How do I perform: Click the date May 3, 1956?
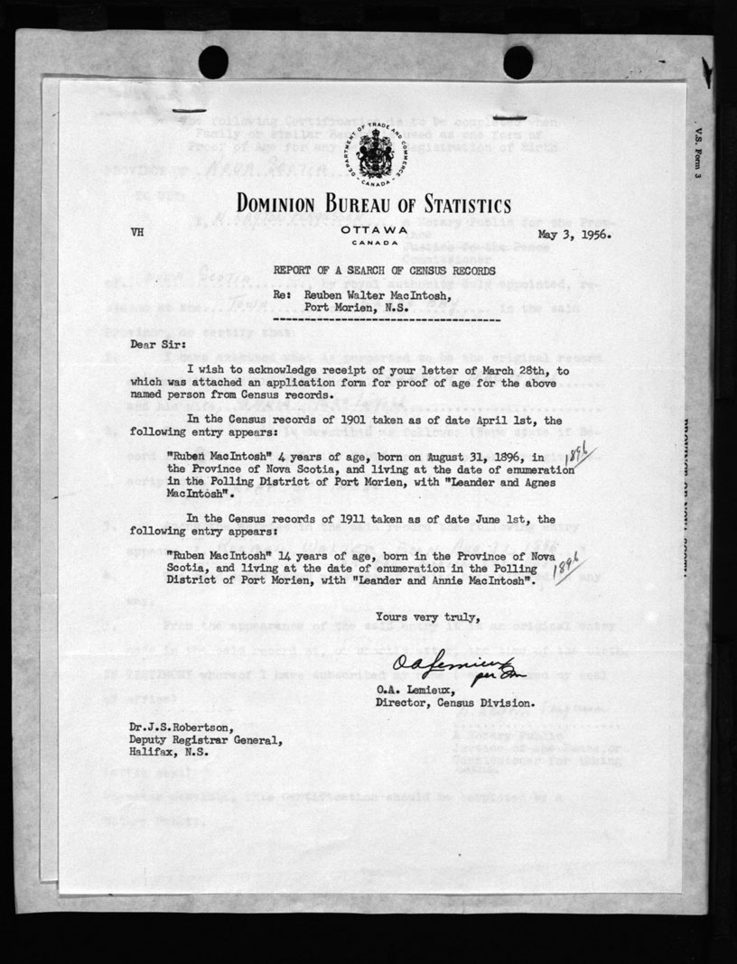tap(573, 234)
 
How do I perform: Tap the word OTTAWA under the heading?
tap(368, 230)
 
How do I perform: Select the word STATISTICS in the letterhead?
tap(452, 205)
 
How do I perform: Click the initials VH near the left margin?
tap(137, 233)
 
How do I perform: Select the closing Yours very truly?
tap(415, 616)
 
